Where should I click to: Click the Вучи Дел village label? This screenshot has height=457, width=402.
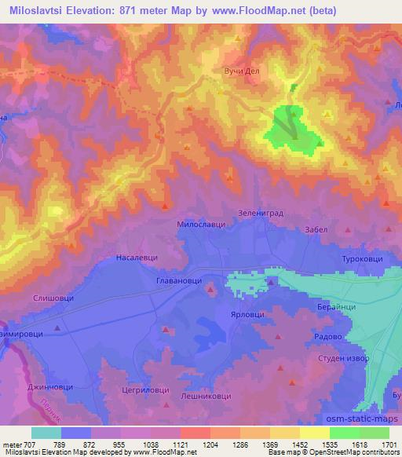click(x=242, y=71)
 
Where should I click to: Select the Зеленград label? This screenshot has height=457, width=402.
click(x=259, y=212)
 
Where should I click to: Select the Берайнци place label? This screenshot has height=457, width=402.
click(x=337, y=306)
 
